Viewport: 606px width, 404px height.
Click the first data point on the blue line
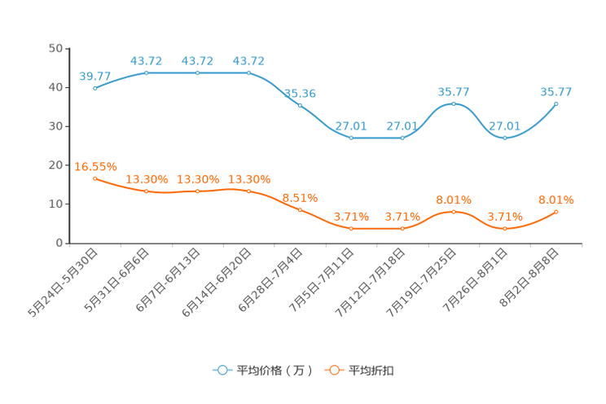click(x=95, y=87)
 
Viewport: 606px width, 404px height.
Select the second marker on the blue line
click(x=147, y=73)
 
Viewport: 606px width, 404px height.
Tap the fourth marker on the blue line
click(x=248, y=73)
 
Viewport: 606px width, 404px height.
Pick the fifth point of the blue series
click(x=300, y=105)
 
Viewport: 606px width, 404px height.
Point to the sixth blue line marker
click(x=351, y=138)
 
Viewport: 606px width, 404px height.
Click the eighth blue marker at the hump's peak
click(x=454, y=103)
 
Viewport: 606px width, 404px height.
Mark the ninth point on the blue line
click(x=505, y=138)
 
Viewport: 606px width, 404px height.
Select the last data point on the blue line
click(x=556, y=103)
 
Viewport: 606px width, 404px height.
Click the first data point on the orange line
click(x=95, y=178)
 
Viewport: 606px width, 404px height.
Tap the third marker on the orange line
click(x=198, y=191)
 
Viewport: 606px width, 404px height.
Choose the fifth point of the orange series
click(x=300, y=210)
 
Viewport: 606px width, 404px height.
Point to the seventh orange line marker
click(x=402, y=229)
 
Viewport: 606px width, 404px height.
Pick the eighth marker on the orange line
click(x=454, y=212)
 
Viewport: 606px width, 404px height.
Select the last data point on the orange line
click(x=556, y=212)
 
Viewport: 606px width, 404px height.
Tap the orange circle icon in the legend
click(x=334, y=370)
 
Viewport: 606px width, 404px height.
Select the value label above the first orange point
click(x=91, y=165)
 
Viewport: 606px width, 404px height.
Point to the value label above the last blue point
click(x=556, y=91)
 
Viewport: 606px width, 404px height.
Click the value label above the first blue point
click(x=95, y=76)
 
